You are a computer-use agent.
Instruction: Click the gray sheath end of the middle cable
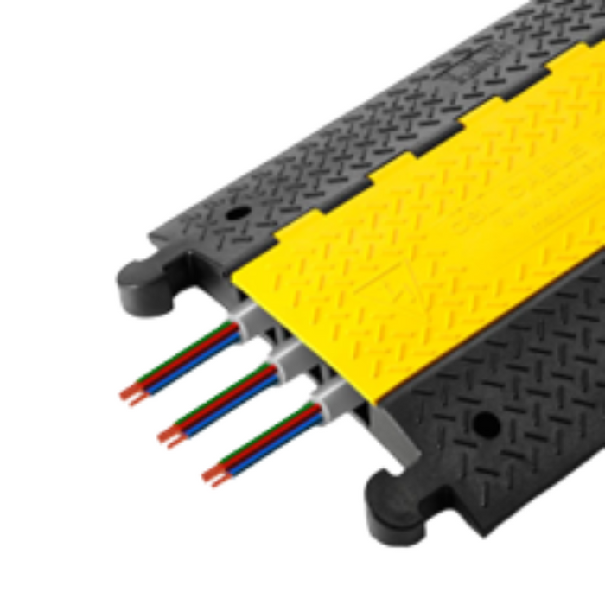click(x=285, y=357)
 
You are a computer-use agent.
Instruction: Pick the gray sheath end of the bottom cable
click(x=329, y=398)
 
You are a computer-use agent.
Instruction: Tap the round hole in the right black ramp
click(x=486, y=423)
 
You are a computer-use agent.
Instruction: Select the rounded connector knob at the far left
click(x=138, y=282)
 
